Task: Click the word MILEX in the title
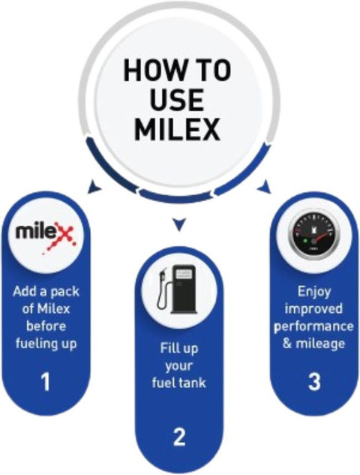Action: tap(177, 129)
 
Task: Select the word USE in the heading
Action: tap(177, 100)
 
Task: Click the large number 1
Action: tap(46, 382)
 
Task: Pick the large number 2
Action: tap(179, 437)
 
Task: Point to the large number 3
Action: tap(314, 381)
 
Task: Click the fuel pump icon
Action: tap(177, 290)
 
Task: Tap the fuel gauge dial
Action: tap(314, 235)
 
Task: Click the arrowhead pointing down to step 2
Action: tap(179, 224)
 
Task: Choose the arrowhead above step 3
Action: tap(264, 186)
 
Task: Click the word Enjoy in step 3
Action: tap(314, 292)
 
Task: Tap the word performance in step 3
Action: tap(313, 327)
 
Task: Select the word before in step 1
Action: tap(46, 326)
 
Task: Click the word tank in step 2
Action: tap(192, 383)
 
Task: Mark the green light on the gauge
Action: tap(305, 241)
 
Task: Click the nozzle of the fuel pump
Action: tap(162, 274)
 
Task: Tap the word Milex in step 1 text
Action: tap(53, 309)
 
